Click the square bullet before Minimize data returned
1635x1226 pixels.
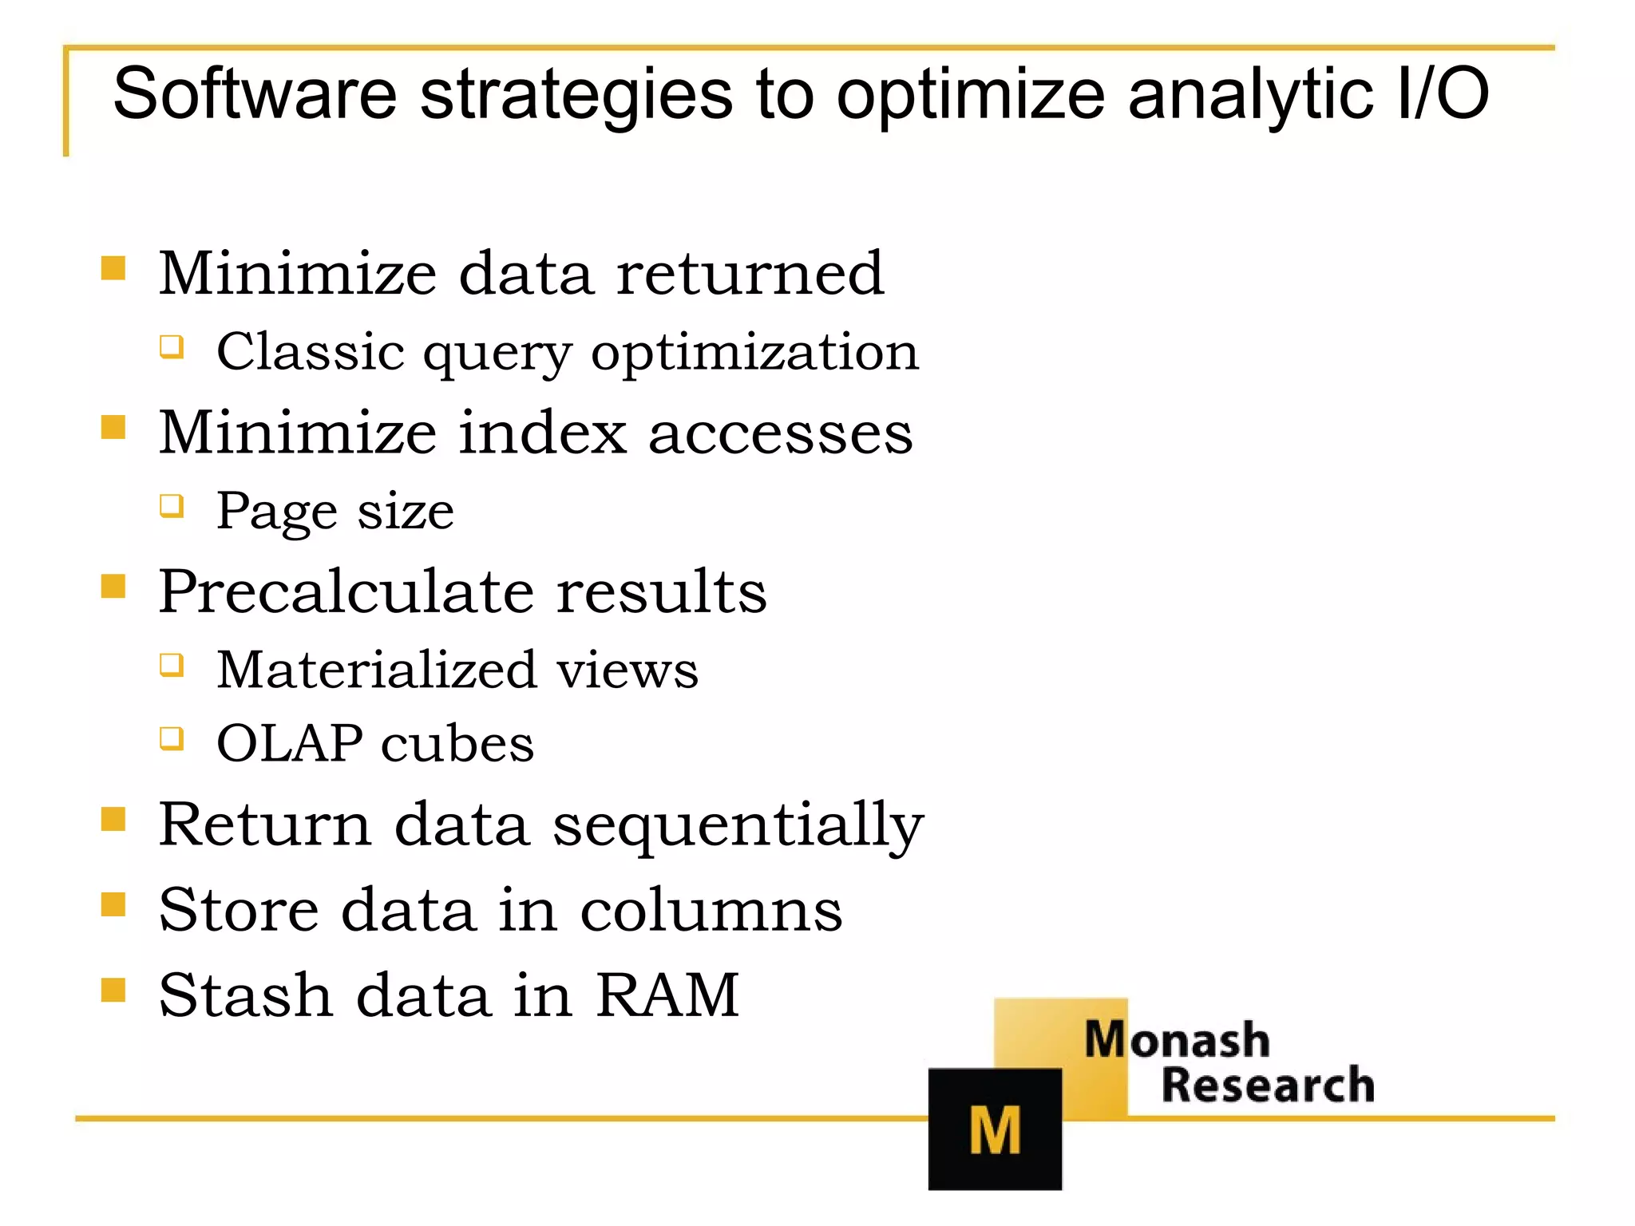(x=113, y=268)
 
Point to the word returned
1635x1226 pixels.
(x=750, y=273)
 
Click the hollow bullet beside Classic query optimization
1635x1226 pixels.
(x=172, y=347)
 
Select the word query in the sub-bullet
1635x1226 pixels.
(x=497, y=353)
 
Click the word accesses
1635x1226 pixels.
(x=780, y=433)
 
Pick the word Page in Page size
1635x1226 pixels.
(x=277, y=511)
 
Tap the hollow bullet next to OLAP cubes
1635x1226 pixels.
(x=172, y=738)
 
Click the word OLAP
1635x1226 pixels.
(x=289, y=743)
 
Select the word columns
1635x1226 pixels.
(x=711, y=910)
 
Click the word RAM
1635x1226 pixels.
(x=667, y=995)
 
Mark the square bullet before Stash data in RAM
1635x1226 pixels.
(x=113, y=990)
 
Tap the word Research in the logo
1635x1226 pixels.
(x=1268, y=1086)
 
